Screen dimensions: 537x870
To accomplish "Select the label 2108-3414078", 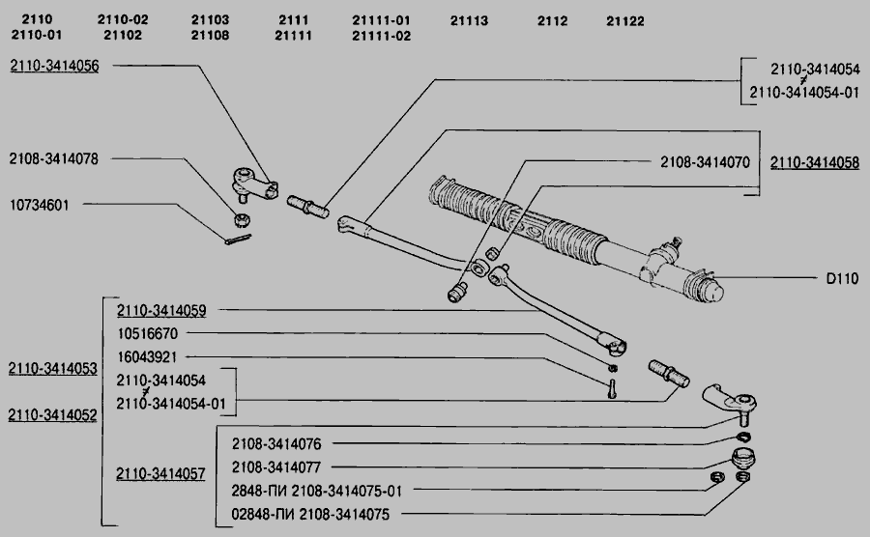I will [54, 157].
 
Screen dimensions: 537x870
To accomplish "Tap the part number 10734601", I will [46, 205].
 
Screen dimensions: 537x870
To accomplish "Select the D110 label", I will [842, 276].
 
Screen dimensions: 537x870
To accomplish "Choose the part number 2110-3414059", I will [161, 311].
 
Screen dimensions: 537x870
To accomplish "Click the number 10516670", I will [147, 333].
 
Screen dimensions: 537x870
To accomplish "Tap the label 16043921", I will [147, 356].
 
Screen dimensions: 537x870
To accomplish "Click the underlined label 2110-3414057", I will [160, 474].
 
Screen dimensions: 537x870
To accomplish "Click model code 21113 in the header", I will [469, 20].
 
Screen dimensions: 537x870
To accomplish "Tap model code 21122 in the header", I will [625, 20].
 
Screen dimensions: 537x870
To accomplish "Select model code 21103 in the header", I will [210, 20].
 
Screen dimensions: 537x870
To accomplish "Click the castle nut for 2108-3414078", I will [243, 218].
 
